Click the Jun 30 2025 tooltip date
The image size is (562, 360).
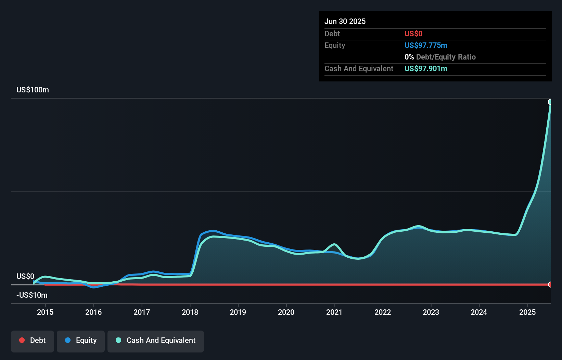pyautogui.click(x=345, y=21)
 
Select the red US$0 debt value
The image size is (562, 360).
pyautogui.click(x=413, y=34)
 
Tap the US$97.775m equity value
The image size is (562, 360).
pyautogui.click(x=425, y=45)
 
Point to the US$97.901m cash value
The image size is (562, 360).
pyautogui.click(x=425, y=68)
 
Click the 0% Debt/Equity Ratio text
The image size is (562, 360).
pyautogui.click(x=440, y=57)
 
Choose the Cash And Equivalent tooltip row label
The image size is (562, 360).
pyautogui.click(x=359, y=68)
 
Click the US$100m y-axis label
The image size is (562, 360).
pyautogui.click(x=33, y=90)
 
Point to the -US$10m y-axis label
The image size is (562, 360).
pyautogui.click(x=32, y=295)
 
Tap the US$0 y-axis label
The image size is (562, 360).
pyautogui.click(x=25, y=276)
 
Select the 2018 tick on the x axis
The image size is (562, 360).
pyautogui.click(x=190, y=312)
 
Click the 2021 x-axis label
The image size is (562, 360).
pyautogui.click(x=334, y=312)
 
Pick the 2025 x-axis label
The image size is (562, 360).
pyautogui.click(x=527, y=312)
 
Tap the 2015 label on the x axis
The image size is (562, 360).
pyautogui.click(x=45, y=312)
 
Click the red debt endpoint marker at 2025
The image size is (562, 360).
pyautogui.click(x=550, y=284)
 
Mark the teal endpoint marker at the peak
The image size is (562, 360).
pyautogui.click(x=550, y=102)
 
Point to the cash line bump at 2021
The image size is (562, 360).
pyautogui.click(x=334, y=244)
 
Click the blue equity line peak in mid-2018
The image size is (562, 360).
pyautogui.click(x=213, y=231)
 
